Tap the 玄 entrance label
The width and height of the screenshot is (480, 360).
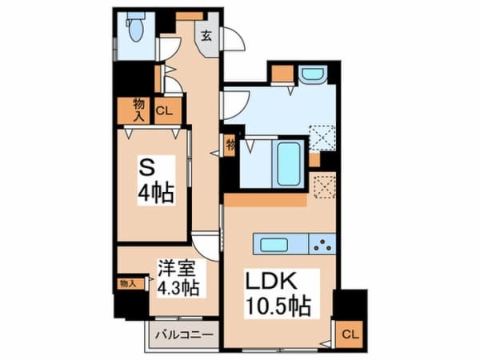point(206,34)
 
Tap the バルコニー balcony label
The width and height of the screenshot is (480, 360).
point(181,337)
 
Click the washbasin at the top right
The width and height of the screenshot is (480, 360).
point(311,74)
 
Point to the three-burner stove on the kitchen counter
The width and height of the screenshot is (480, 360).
point(322,244)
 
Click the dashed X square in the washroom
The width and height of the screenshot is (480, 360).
point(323,137)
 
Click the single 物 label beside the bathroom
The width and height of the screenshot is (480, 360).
point(230,145)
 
